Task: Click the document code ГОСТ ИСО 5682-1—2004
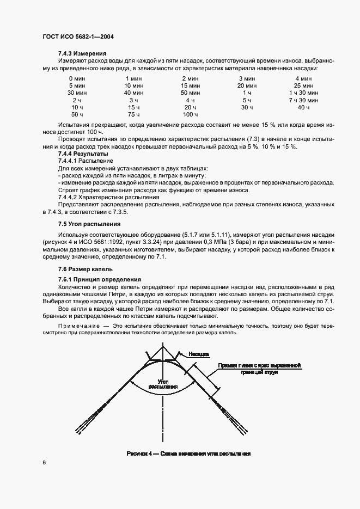77,37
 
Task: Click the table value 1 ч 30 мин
303,93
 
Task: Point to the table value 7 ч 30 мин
303,101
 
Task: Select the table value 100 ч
190,115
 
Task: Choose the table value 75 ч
133,115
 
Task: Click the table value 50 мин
190,93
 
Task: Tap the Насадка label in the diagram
199,354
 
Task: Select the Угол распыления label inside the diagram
163,383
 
